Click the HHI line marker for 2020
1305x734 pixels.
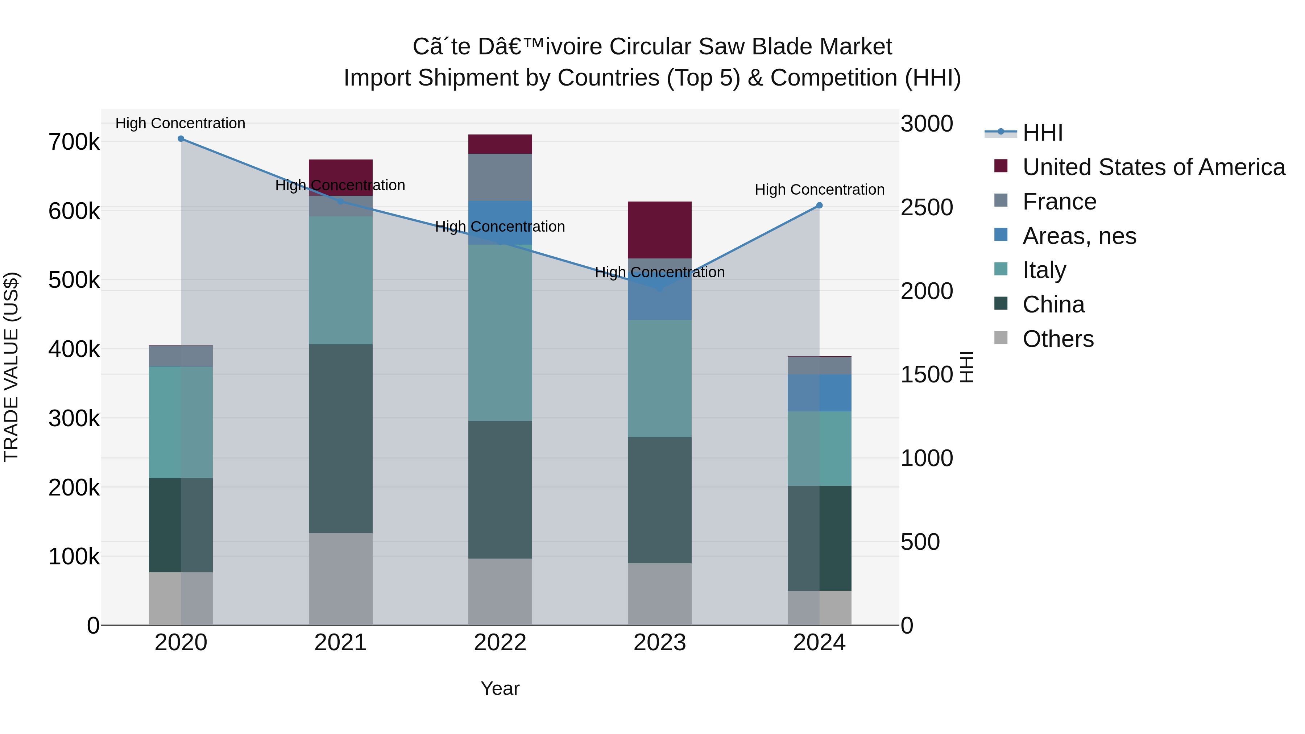point(181,139)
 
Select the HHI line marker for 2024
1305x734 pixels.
point(819,206)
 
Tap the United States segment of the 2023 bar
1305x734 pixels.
point(660,230)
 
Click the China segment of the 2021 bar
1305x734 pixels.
point(340,439)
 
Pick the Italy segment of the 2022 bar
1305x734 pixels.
point(500,333)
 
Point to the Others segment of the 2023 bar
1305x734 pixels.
point(660,594)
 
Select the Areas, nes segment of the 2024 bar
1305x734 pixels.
point(819,393)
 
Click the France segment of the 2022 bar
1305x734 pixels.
point(500,177)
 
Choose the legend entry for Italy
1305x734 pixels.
point(1044,270)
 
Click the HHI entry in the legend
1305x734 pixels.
point(1042,133)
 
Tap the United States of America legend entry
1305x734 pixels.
point(1153,167)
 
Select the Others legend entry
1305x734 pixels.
point(1058,339)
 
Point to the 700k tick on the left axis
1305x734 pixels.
point(74,142)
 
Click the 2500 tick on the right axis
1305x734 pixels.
point(927,207)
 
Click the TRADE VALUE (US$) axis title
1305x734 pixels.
point(11,367)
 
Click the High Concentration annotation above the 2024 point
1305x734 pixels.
point(819,190)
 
